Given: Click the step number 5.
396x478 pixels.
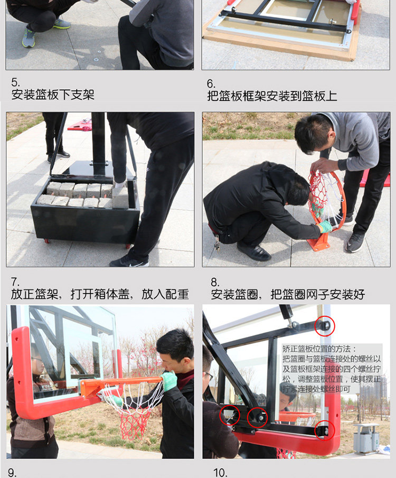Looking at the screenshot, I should (x=15, y=83).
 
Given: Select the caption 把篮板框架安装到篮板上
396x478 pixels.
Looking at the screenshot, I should (x=271, y=96).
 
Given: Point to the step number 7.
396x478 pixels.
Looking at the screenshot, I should (x=15, y=282).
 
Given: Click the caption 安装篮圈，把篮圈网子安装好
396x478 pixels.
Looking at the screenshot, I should (x=288, y=295).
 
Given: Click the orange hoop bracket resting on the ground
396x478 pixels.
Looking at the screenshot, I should (x=319, y=241).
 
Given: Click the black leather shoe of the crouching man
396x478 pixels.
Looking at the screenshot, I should (x=254, y=252).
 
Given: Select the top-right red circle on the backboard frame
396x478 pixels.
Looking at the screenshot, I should (x=324, y=326).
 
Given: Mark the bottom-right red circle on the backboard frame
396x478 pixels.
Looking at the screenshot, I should (x=324, y=431).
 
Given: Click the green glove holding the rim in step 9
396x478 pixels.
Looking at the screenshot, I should (x=169, y=381).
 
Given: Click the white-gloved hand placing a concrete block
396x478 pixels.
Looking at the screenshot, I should (x=119, y=186).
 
